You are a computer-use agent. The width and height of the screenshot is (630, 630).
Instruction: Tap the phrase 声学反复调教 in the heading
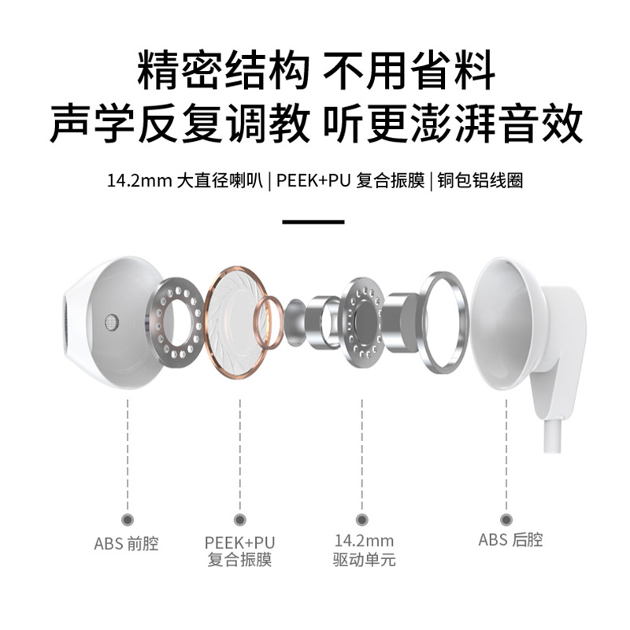coord(180,124)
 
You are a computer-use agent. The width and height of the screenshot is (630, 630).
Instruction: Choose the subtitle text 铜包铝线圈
coord(481,180)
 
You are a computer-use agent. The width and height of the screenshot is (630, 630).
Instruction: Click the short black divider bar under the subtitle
coord(313,222)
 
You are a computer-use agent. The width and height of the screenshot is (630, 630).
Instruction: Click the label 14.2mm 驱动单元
coord(363,550)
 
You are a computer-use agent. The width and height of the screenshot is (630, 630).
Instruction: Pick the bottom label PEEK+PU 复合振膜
coord(239,551)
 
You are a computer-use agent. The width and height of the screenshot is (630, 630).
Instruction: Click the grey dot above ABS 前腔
coord(128,519)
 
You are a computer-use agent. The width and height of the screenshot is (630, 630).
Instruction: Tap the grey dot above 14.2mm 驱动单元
coord(361,519)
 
